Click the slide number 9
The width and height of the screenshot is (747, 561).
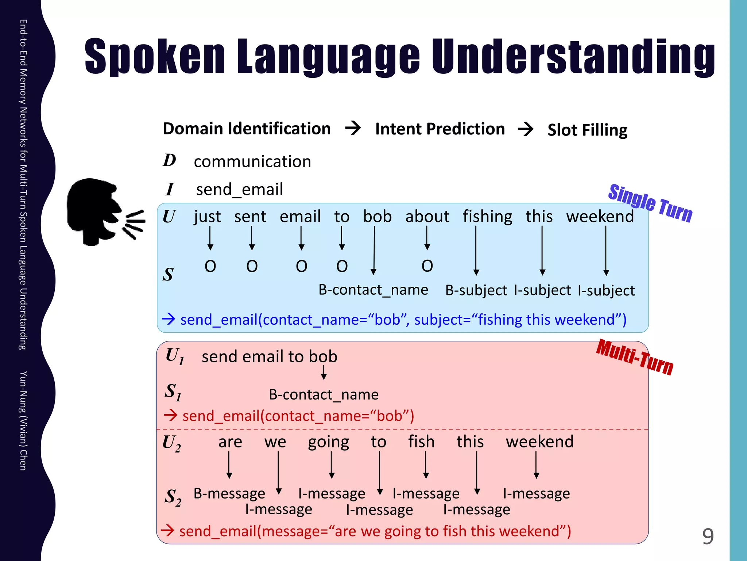point(708,536)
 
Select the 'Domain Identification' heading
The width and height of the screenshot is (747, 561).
point(247,129)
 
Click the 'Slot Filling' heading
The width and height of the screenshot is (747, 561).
point(587,130)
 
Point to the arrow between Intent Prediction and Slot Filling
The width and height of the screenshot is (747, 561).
point(526,129)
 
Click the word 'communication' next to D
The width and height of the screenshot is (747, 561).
point(252,161)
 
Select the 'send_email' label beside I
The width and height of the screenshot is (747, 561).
point(239,190)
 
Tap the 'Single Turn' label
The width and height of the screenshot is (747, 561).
point(650,203)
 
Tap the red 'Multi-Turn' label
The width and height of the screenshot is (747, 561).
point(635,357)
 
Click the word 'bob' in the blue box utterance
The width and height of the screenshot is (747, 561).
point(377,217)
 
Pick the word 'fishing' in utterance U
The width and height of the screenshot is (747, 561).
point(487,217)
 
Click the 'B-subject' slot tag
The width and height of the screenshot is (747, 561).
point(476,290)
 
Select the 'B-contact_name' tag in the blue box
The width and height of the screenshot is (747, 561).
point(373,290)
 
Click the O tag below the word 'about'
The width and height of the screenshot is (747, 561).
point(427,266)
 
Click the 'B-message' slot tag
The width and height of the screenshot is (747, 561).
point(229,493)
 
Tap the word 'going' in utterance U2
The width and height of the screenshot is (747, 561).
point(328,442)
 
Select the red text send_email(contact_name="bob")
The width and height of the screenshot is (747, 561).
point(298,416)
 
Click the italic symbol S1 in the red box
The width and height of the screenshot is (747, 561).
point(173,392)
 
